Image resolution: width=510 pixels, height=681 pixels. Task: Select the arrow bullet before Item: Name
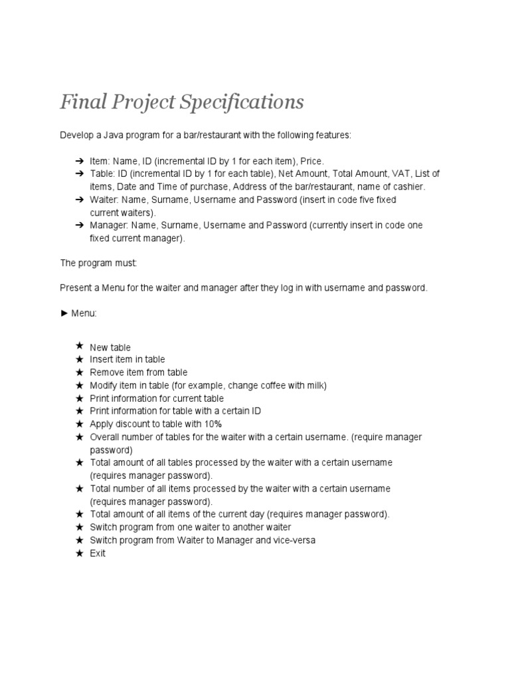(x=79, y=161)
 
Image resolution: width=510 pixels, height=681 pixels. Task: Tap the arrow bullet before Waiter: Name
(x=79, y=200)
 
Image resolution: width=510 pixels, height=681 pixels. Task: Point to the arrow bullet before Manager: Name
(x=79, y=225)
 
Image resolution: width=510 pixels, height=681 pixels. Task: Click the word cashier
(x=406, y=187)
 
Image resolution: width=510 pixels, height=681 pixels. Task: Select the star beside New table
(x=80, y=346)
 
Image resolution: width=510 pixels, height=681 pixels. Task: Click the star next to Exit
(x=80, y=553)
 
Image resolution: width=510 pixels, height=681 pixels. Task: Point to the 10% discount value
(x=212, y=424)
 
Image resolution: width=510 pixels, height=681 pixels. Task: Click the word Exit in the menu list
(x=98, y=553)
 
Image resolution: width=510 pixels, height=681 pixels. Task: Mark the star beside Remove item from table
(x=80, y=372)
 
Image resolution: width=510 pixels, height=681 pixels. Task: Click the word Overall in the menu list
(x=105, y=437)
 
